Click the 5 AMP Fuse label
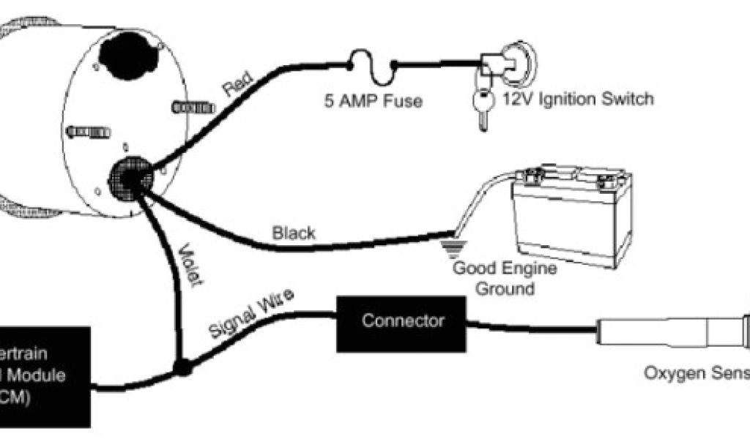[374, 101]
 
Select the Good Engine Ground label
[505, 278]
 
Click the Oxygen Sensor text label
[697, 374]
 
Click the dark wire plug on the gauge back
[131, 179]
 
